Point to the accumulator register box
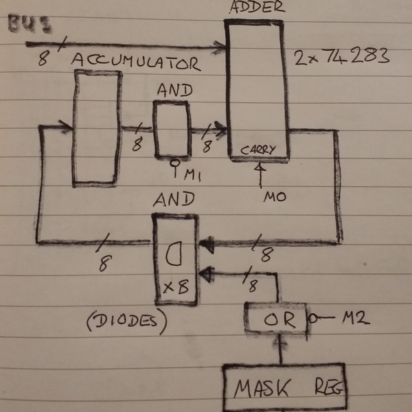tap(97, 128)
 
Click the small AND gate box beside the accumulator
tap(171, 130)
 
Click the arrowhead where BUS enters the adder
tap(221, 47)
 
